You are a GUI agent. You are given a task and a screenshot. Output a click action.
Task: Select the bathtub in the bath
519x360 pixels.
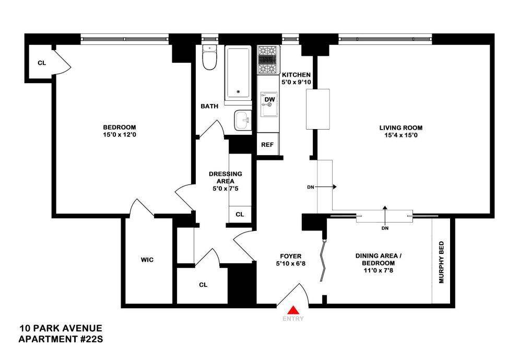coord(239,73)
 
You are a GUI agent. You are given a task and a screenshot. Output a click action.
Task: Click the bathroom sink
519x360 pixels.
coord(243,121)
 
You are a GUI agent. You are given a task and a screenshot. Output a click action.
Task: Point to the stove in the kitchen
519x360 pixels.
coord(269,60)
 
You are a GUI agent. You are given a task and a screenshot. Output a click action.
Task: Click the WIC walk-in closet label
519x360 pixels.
coord(147,260)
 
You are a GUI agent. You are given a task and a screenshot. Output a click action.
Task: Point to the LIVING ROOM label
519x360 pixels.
coord(400,127)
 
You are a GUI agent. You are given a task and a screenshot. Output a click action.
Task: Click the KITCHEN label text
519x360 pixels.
coord(296,75)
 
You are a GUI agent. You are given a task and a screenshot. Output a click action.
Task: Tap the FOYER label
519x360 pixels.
coord(291,256)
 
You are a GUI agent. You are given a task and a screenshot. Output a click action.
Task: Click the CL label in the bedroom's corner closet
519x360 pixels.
coord(41,63)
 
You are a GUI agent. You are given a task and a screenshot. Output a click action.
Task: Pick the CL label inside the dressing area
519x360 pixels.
coord(240,214)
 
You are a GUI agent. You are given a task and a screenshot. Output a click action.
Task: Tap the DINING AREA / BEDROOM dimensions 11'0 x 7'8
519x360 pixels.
coord(374,264)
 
